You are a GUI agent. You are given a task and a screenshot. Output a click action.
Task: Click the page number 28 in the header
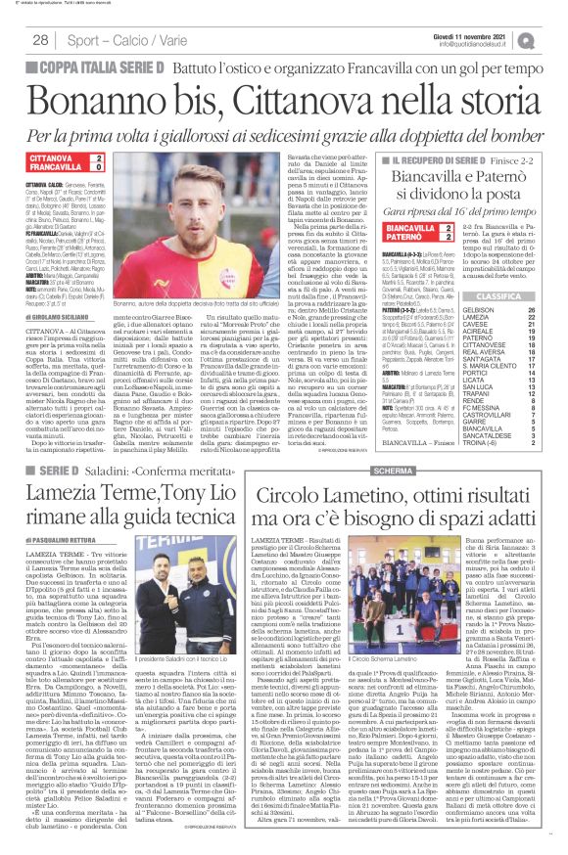coord(41,40)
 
